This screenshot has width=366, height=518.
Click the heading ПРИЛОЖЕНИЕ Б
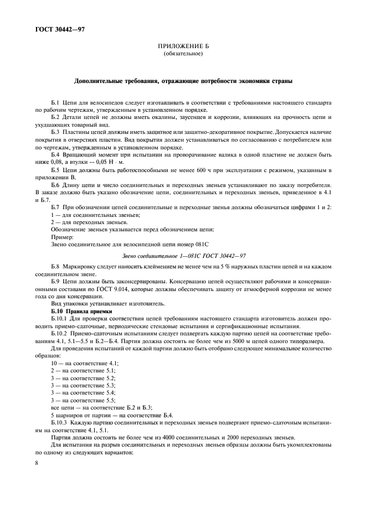click(x=183, y=47)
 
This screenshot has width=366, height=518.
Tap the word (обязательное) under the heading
click(x=183, y=54)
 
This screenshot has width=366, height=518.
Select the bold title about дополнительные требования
click(x=183, y=81)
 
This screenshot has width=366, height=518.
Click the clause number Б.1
click(x=56, y=102)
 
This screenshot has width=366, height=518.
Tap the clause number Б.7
click(x=56, y=206)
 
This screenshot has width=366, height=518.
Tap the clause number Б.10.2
click(x=60, y=334)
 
